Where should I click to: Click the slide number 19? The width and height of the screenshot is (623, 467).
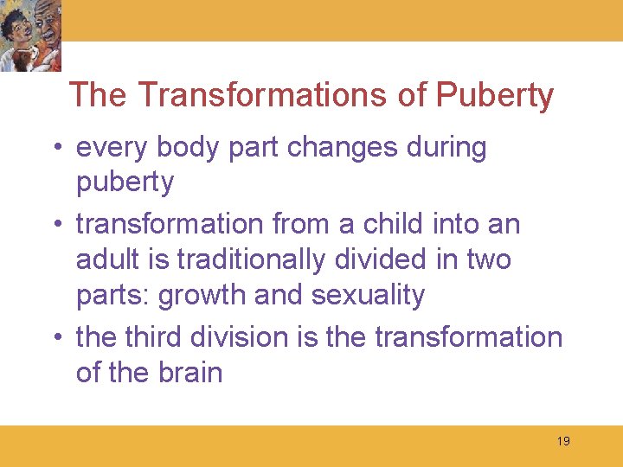click(x=563, y=441)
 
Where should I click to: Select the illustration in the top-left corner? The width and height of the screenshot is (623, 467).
click(x=31, y=35)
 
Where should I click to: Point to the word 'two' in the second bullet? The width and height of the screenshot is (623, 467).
click(x=486, y=259)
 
